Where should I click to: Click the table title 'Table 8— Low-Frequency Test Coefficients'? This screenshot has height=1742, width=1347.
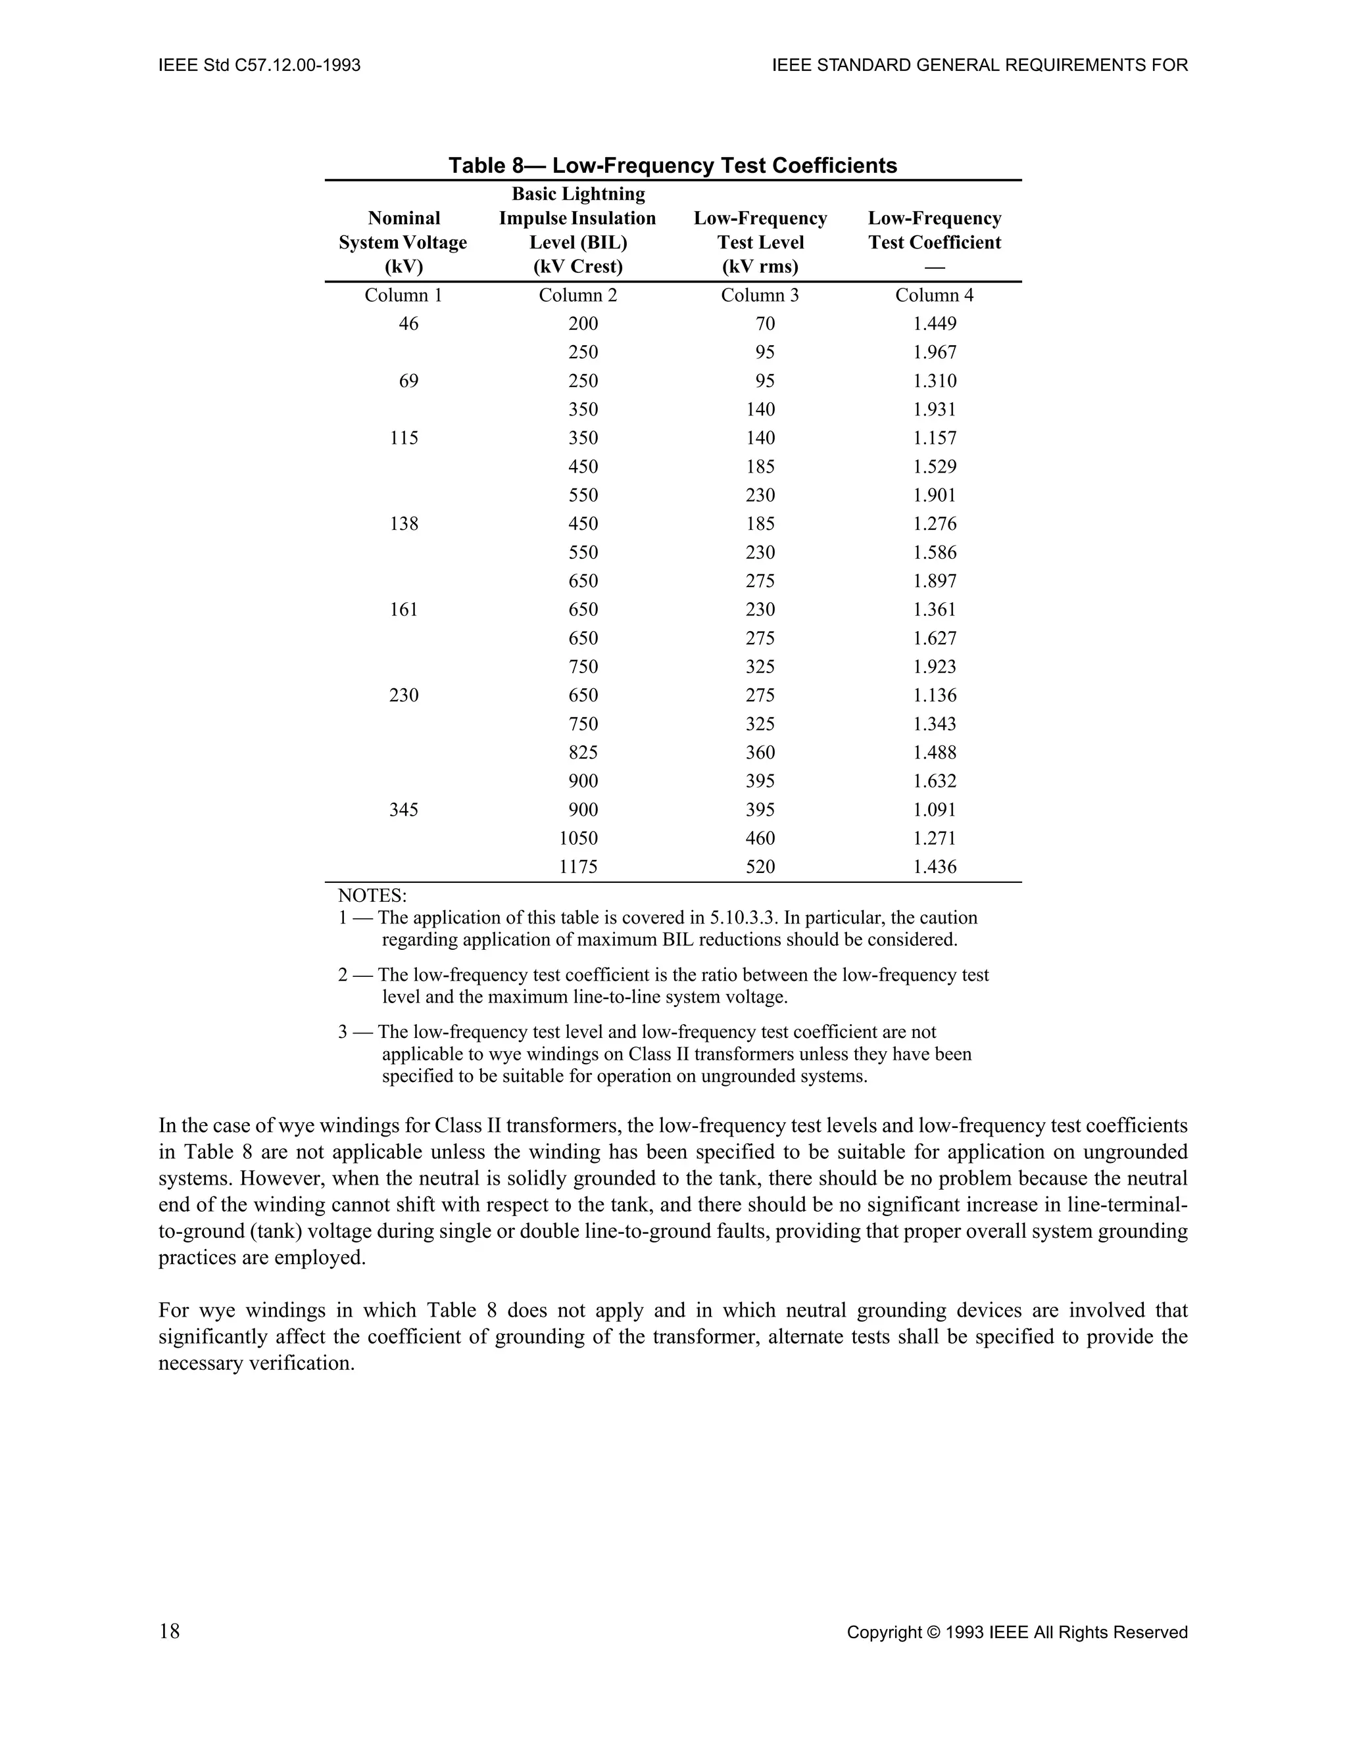coord(672,165)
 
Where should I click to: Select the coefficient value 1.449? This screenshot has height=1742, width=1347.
coord(935,324)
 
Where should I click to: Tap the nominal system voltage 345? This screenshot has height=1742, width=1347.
coord(404,810)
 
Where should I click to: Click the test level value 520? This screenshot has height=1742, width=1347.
coord(760,867)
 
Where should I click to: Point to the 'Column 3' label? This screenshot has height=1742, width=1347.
coord(760,295)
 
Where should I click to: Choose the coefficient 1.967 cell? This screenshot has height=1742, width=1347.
coord(935,352)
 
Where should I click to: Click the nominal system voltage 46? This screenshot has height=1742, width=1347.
coord(408,324)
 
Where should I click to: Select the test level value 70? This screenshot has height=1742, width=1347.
coord(764,324)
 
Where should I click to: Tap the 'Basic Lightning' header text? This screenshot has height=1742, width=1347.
coord(577,194)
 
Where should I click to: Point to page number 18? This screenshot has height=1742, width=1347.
coord(169,1632)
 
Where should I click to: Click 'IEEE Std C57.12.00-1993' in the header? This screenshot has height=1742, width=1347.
coord(259,65)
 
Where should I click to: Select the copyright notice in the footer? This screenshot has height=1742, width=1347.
coord(1017,1633)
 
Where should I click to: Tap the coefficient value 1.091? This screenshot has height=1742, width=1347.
coord(935,810)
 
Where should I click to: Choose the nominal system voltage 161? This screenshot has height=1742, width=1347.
coord(404,609)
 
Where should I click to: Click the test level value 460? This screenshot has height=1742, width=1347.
coord(760,838)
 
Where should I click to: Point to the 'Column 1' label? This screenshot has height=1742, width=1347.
coord(403,295)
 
